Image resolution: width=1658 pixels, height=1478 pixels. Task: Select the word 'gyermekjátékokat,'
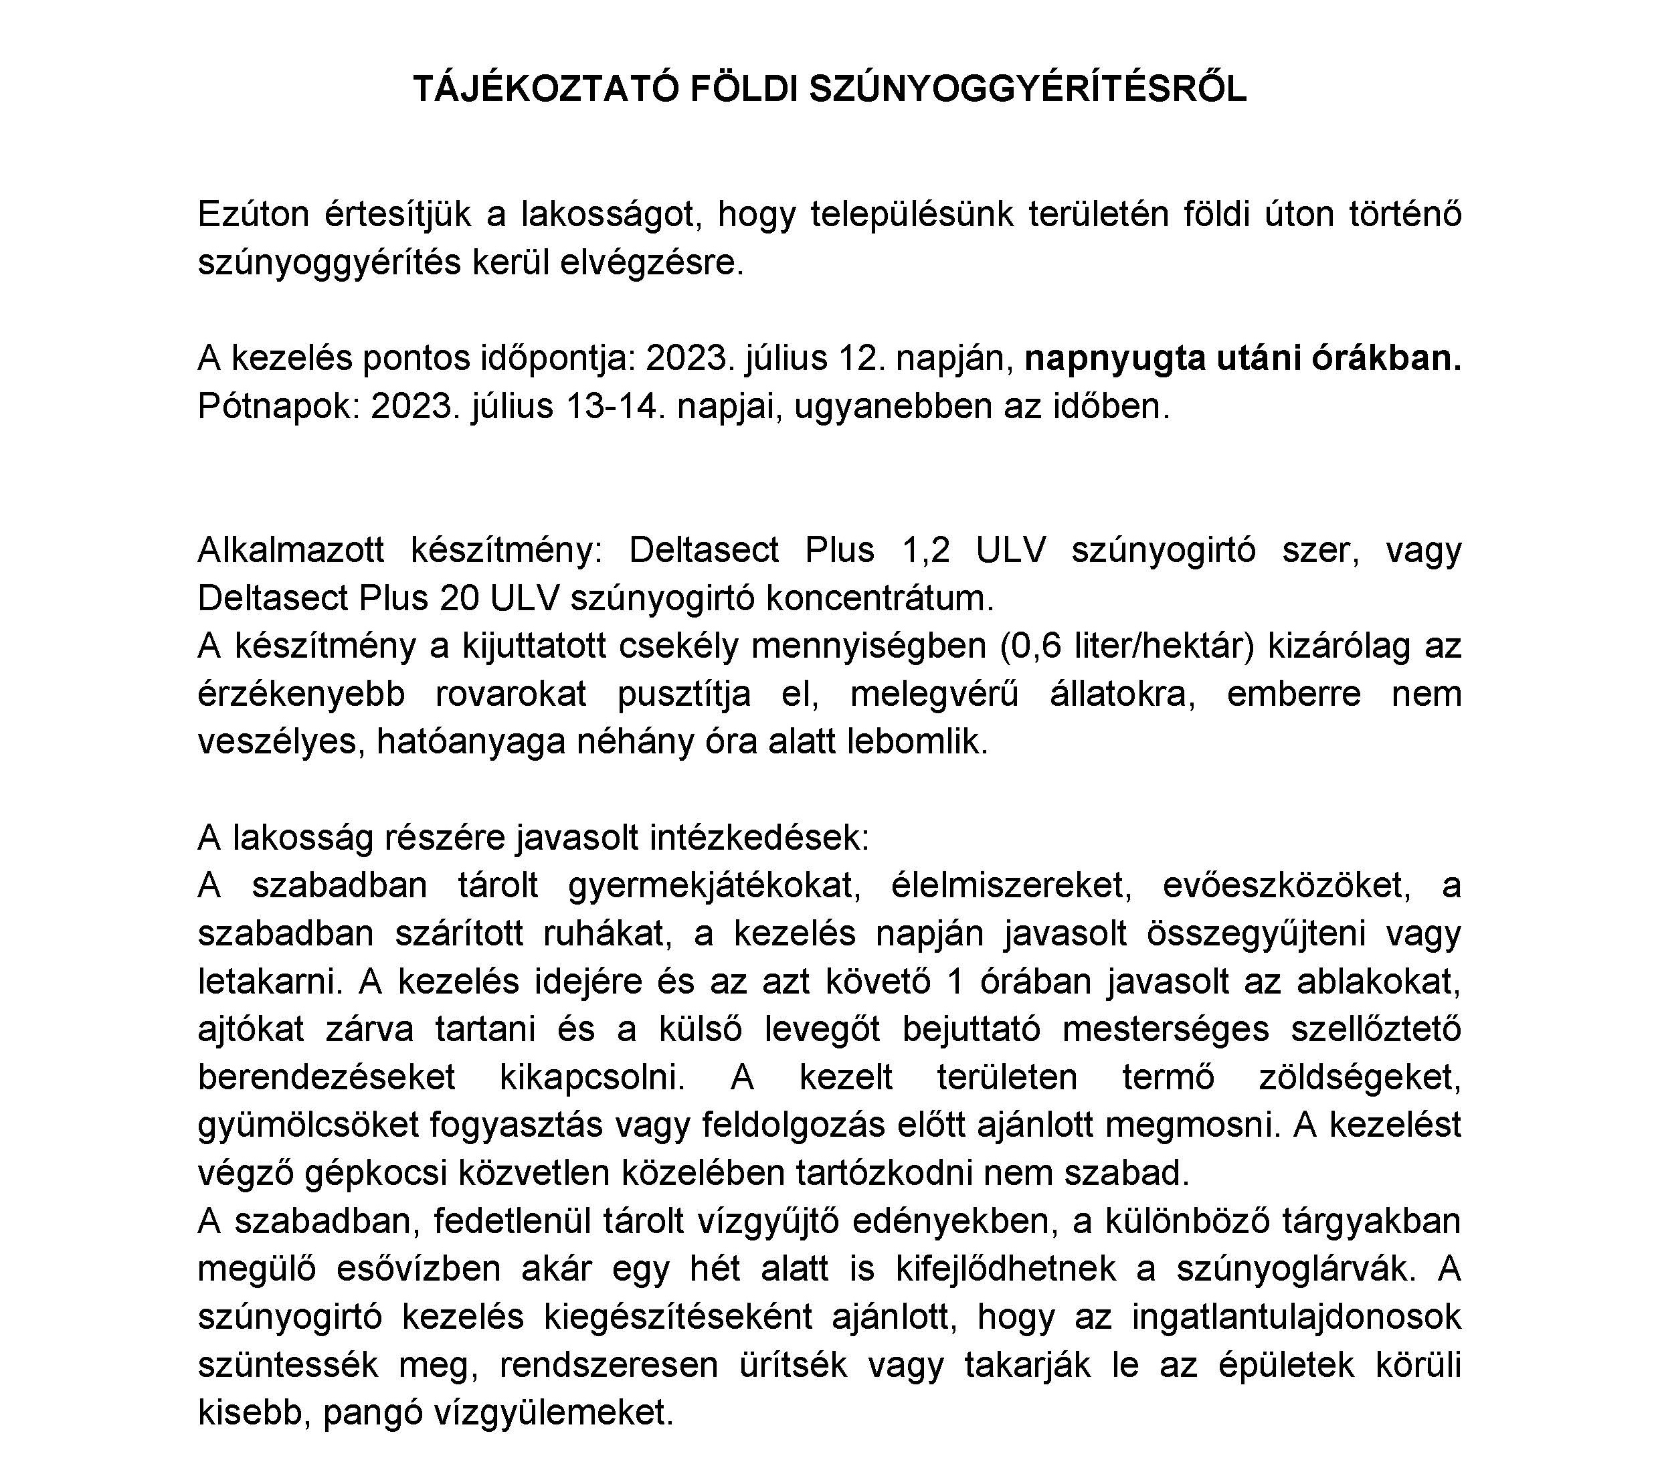715,885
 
